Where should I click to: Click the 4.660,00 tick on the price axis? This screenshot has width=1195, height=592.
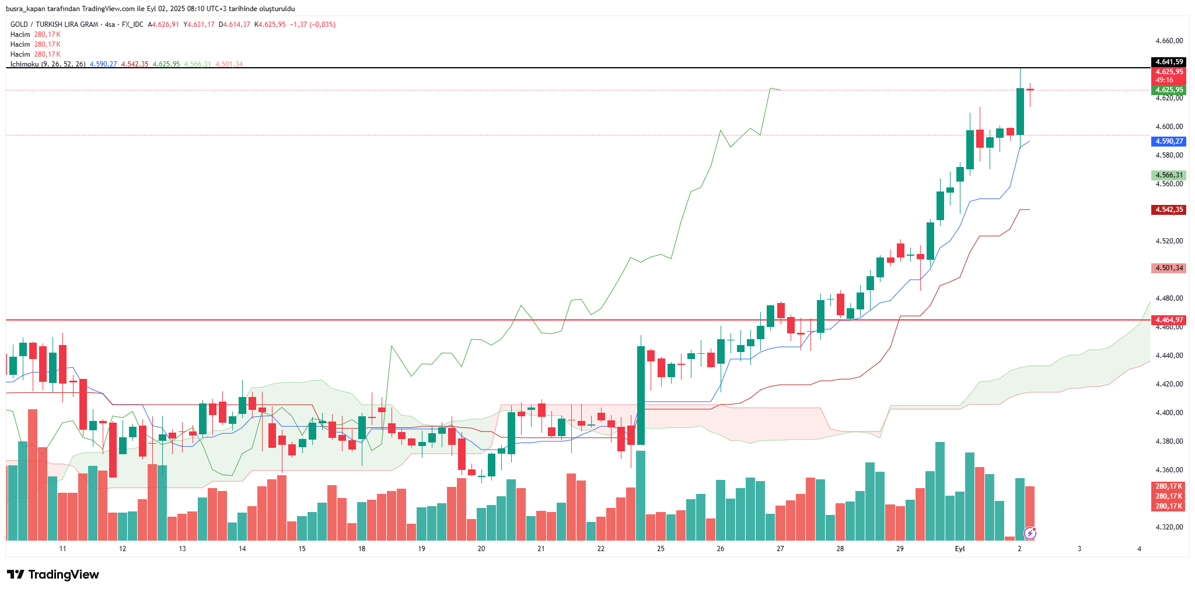pos(1169,41)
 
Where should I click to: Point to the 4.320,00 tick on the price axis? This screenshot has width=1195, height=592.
pos(1169,527)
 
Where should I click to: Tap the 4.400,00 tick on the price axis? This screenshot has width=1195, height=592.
pos(1169,413)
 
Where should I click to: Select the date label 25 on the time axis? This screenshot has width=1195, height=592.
pos(661,549)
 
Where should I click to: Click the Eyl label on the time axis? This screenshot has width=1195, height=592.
pos(959,549)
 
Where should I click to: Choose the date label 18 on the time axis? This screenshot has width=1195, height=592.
pos(362,549)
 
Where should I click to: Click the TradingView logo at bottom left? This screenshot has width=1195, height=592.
pos(53,574)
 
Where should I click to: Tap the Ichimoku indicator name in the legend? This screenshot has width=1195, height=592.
pos(25,64)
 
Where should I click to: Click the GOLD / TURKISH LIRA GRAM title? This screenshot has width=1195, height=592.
pos(54,25)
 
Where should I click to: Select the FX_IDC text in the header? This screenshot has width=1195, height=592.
pos(132,25)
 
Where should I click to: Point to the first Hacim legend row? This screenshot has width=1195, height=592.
pos(20,34)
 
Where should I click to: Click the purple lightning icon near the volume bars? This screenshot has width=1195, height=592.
pos(1030,532)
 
